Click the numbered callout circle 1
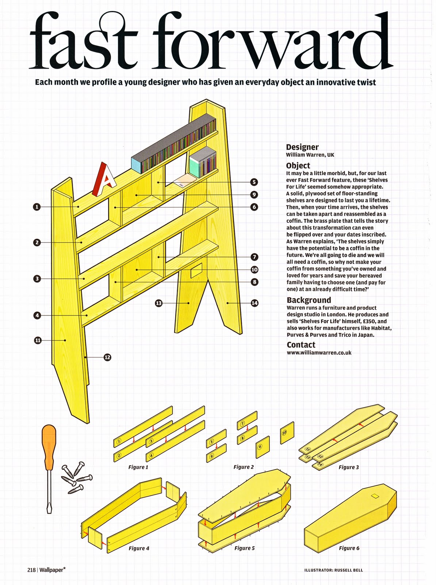[x=37, y=207]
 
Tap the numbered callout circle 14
[x=255, y=303]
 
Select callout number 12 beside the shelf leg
[x=107, y=357]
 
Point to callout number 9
[x=254, y=195]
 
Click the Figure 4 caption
[x=139, y=548]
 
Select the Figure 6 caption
[x=349, y=548]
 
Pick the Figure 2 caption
[x=244, y=467]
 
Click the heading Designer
[x=302, y=147]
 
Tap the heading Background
[x=309, y=300]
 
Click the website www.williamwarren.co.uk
[x=319, y=353]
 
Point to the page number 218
[x=31, y=570]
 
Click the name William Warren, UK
[x=310, y=155]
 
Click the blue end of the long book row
[x=136, y=165]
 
